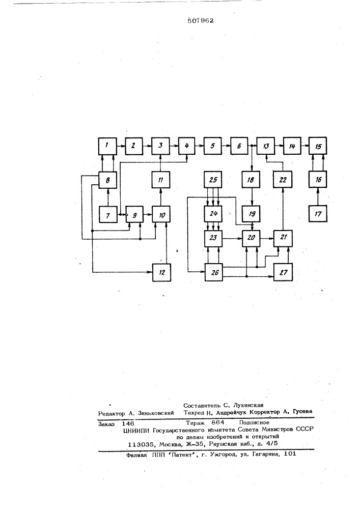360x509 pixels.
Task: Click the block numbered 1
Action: (x=107, y=146)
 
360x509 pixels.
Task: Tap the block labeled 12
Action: (x=161, y=272)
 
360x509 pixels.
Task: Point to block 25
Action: (x=213, y=180)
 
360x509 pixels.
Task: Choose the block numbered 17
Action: (x=318, y=213)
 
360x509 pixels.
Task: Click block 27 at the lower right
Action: (x=283, y=272)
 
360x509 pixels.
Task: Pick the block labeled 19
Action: (x=252, y=213)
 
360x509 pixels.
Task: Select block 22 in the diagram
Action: (x=283, y=180)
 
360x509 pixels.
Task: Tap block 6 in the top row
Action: (x=239, y=146)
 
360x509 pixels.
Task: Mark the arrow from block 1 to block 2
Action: (x=121, y=146)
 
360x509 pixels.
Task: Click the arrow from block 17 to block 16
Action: (x=318, y=196)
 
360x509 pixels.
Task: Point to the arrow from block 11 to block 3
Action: (x=160, y=163)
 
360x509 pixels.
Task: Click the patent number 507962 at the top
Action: (x=201, y=20)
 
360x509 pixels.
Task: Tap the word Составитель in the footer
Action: (x=202, y=406)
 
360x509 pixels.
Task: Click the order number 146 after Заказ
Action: (x=128, y=423)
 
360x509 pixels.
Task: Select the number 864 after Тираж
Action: (x=218, y=422)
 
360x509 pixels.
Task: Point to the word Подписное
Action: (x=254, y=422)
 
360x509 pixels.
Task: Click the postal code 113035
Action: (x=141, y=444)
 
